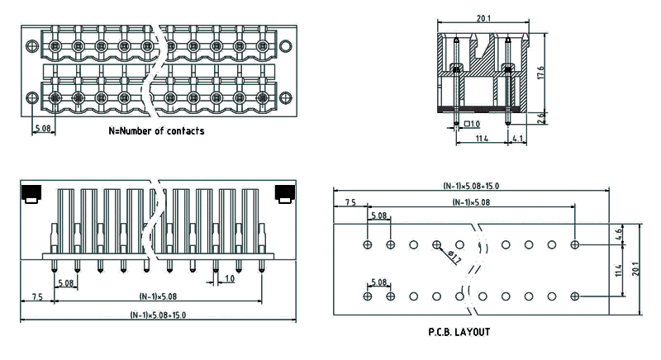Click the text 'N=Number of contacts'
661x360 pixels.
coord(156,130)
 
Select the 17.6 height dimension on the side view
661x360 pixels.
coord(540,73)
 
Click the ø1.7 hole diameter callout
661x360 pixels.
coord(453,258)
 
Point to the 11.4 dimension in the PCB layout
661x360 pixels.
coord(620,270)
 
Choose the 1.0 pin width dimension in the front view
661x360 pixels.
coord(229,279)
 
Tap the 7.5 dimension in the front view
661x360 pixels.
coord(37,296)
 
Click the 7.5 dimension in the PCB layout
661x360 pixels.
coord(350,201)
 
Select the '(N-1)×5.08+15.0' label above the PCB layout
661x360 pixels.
coord(471,187)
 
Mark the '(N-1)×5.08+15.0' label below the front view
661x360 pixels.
coord(158,315)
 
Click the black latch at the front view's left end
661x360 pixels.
coord(31,195)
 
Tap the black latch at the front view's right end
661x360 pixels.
coord(285,195)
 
